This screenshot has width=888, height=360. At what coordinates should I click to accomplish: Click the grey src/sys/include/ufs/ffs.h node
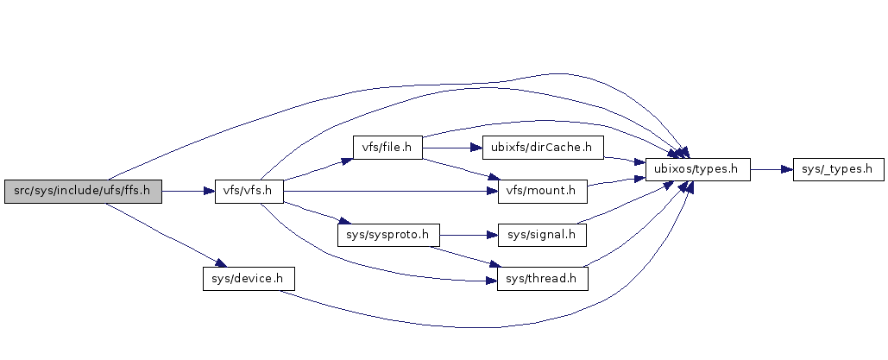(x=83, y=192)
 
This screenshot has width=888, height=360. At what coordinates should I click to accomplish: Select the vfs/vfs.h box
(x=249, y=192)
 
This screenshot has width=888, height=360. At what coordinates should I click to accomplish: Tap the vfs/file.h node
(x=386, y=148)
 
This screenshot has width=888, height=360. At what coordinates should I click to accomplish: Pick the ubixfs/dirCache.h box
(x=543, y=148)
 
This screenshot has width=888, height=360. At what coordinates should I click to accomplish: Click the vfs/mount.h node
(x=543, y=192)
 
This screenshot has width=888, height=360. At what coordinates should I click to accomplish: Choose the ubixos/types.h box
(x=697, y=170)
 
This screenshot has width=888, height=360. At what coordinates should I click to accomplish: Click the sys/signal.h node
(x=542, y=235)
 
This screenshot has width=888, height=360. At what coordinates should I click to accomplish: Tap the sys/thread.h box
(x=542, y=279)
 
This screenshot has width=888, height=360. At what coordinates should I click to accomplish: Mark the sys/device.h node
(x=249, y=279)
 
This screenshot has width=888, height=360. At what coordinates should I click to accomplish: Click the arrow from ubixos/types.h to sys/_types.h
(x=771, y=170)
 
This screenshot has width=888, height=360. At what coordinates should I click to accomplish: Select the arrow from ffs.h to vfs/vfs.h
(x=188, y=192)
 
